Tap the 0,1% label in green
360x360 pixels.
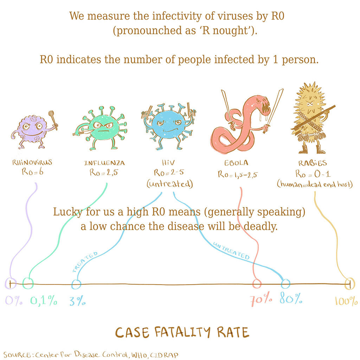point(44,301)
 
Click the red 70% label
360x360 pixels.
point(261,299)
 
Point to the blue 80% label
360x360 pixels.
point(291,299)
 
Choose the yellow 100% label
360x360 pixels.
point(346,301)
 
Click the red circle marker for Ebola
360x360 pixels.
point(257,283)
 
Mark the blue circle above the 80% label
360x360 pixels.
point(285,283)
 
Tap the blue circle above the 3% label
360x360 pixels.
point(76,284)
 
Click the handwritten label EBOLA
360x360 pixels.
point(236,163)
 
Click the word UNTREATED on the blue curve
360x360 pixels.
point(232,251)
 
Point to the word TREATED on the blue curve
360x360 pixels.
point(85,262)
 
